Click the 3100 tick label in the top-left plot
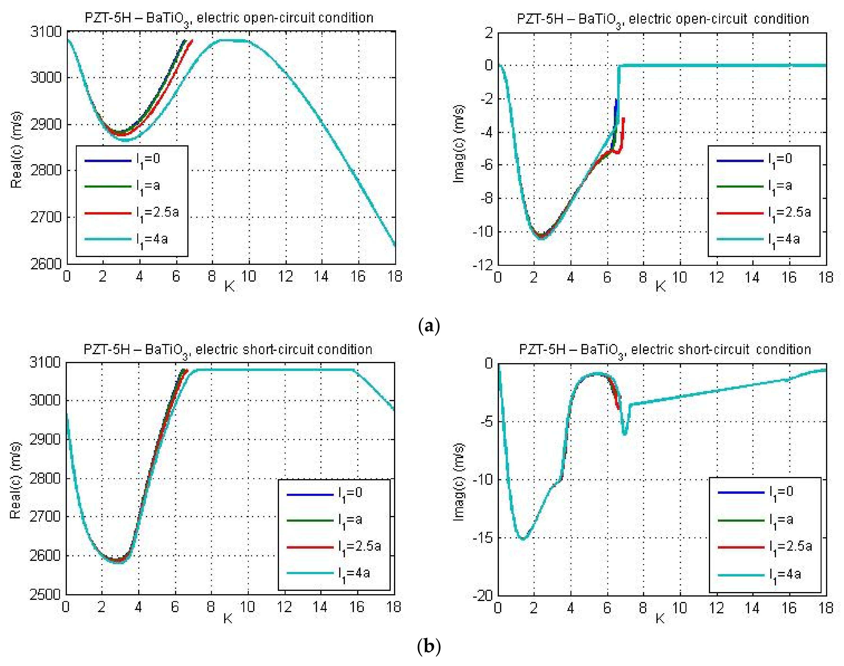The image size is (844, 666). tap(46, 32)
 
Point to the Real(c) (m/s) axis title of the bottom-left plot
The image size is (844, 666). tap(15, 480)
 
